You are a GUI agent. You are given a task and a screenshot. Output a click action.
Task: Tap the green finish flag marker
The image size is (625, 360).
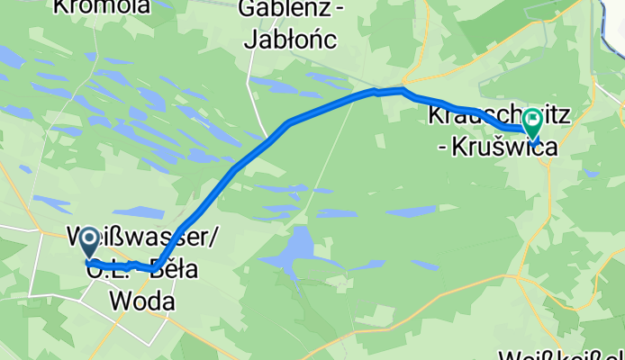pos(532,122)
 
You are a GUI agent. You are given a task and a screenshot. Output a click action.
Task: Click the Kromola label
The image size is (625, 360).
pos(101,6)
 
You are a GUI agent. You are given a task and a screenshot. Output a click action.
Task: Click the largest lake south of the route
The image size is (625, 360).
pos(289,248)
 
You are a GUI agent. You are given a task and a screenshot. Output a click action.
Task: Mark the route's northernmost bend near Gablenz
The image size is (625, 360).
pos(402,91)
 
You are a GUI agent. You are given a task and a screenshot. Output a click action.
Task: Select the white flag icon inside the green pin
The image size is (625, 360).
pos(532,118)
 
